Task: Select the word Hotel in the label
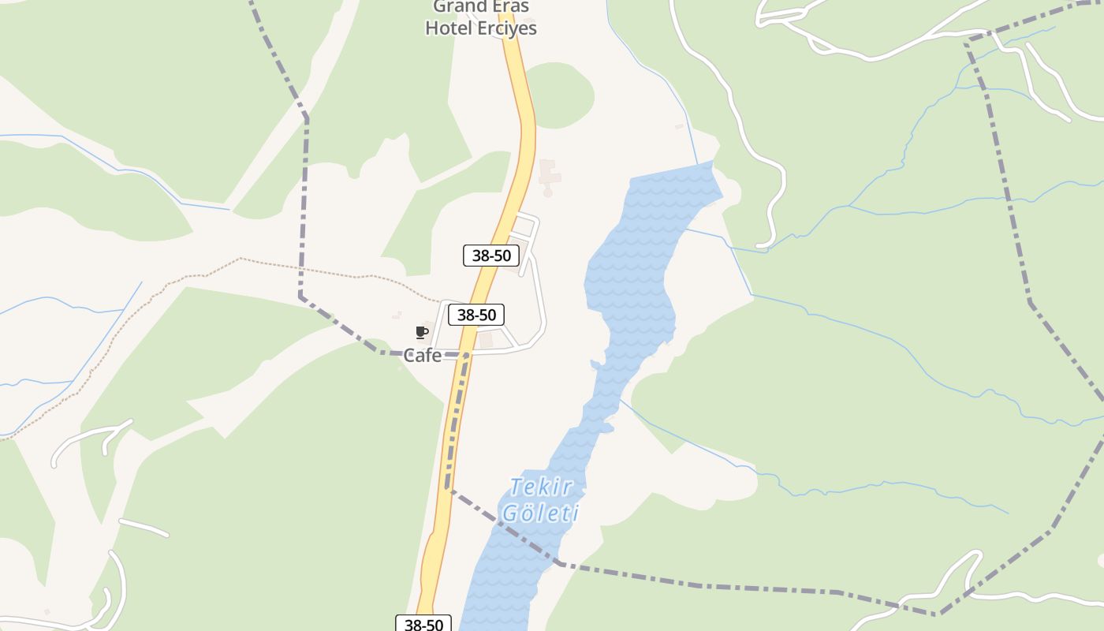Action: tap(449, 28)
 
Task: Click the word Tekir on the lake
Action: tap(541, 487)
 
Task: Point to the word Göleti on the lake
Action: tap(541, 513)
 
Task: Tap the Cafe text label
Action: tap(423, 355)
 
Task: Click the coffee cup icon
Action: tap(421, 332)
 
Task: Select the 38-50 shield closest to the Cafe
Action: tap(476, 315)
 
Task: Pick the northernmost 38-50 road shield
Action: tap(490, 256)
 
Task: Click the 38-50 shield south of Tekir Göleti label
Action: tap(423, 625)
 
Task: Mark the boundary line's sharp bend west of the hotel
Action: tap(307, 119)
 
